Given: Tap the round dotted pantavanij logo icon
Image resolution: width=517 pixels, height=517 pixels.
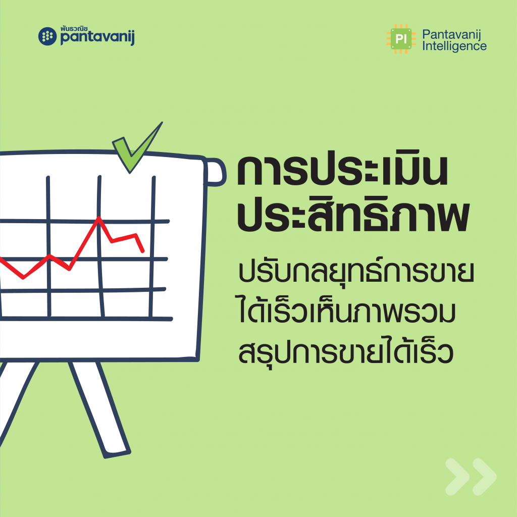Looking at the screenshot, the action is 47,36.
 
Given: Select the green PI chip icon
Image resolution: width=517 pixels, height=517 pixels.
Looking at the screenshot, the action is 400,39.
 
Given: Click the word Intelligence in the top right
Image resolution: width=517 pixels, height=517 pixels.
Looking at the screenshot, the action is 454,46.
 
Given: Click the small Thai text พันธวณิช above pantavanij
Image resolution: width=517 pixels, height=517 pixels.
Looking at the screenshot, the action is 74,29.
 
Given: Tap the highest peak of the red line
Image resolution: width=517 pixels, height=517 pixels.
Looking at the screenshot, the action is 98,218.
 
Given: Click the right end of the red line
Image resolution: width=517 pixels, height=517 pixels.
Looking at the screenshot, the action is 143,251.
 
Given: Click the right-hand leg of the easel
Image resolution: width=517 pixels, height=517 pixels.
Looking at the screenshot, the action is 99,409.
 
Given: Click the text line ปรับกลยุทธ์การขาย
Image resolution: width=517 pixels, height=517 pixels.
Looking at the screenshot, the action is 356,272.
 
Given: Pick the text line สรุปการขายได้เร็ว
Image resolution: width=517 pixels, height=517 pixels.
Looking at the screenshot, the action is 346,351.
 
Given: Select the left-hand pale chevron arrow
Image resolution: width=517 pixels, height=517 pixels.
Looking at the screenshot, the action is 457,477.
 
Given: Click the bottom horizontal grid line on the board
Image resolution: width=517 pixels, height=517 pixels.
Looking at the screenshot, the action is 86,319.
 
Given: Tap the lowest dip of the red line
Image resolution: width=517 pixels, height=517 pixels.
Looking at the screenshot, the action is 23,278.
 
